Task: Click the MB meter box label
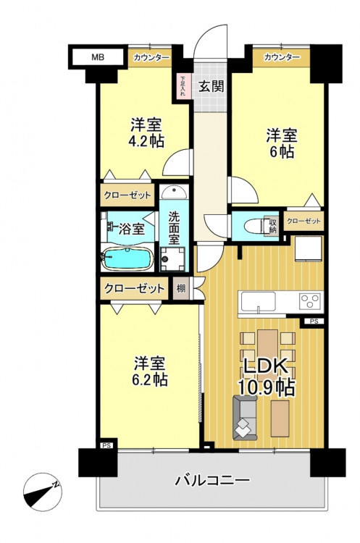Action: pyautogui.click(x=98, y=57)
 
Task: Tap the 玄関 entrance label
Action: pyautogui.click(x=211, y=86)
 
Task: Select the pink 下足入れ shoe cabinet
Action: pyautogui.click(x=183, y=86)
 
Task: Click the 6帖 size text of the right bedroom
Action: pyautogui.click(x=282, y=151)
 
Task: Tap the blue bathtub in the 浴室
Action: pyautogui.click(x=127, y=258)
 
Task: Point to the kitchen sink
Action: pyautogui.click(x=259, y=301)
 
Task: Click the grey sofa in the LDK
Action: pyautogui.click(x=245, y=417)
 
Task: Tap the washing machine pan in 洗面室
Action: pyautogui.click(x=172, y=259)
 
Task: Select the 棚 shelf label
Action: pyautogui.click(x=181, y=287)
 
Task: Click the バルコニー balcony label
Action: pyautogui.click(x=212, y=480)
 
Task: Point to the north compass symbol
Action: pyautogui.click(x=42, y=492)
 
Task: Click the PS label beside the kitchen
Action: pyautogui.click(x=314, y=321)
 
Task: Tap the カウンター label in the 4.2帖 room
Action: pyautogui.click(x=151, y=57)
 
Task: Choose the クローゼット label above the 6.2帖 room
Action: pyautogui.click(x=134, y=288)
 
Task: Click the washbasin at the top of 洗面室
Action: pyautogui.click(x=174, y=192)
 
